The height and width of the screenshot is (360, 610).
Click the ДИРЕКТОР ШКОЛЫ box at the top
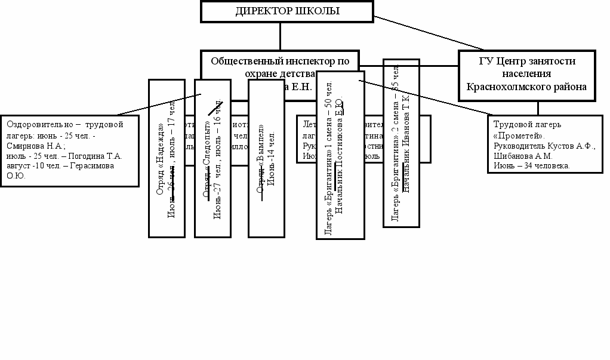point(287,11)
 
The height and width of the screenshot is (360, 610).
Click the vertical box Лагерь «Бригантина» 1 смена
point(340,155)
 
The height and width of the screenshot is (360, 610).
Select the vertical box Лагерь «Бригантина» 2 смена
point(400,143)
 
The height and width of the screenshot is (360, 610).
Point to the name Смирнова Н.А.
point(39,146)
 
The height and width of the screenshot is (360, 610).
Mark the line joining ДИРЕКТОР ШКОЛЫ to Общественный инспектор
point(280,36)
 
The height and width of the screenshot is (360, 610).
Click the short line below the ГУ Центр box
point(538,108)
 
